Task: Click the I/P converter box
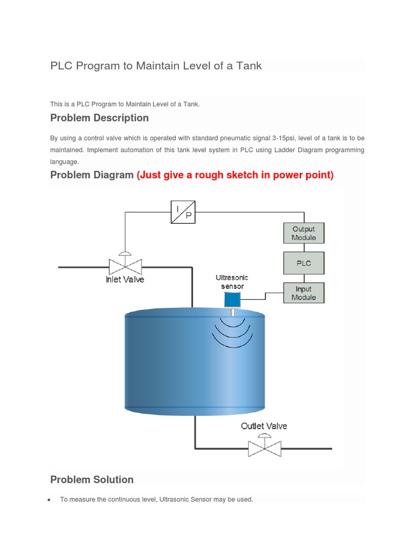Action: click(183, 212)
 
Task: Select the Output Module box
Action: click(304, 233)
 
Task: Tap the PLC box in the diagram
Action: click(304, 263)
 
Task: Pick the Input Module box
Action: click(304, 293)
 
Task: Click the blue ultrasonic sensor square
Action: click(232, 300)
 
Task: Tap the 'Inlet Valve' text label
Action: click(125, 280)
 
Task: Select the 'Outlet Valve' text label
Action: click(264, 426)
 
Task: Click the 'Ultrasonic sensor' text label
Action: click(232, 281)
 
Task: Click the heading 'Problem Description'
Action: click(99, 118)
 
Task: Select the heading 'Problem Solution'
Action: click(92, 480)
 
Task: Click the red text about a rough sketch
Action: click(235, 175)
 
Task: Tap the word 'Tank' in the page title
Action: click(249, 66)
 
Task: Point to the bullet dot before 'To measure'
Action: click(49, 500)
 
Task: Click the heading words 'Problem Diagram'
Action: click(92, 175)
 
